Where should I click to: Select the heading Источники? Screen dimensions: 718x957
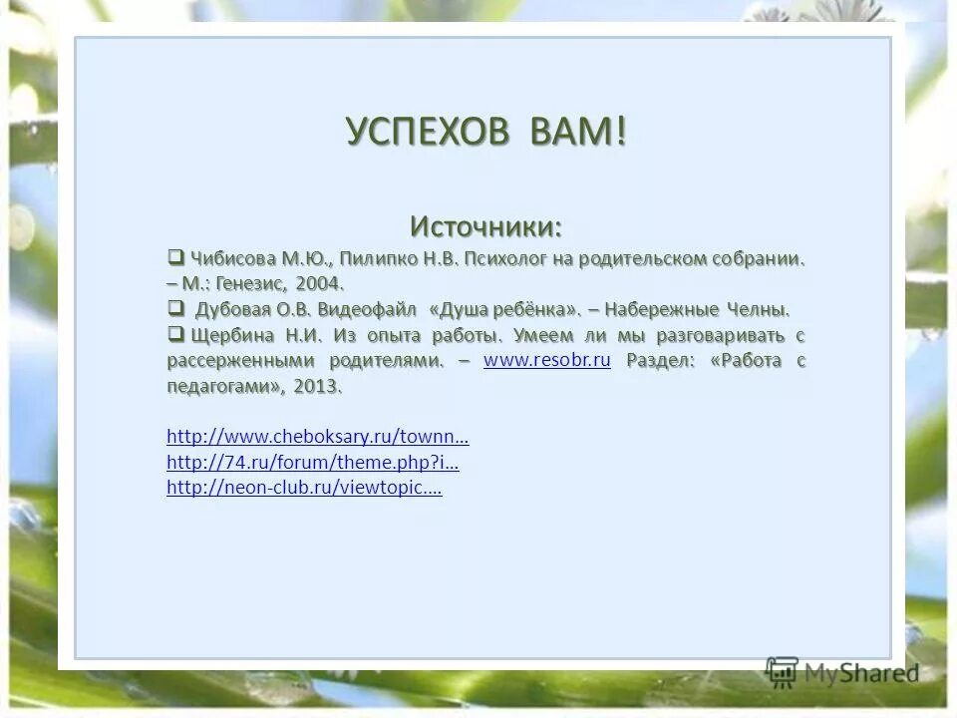click(x=486, y=226)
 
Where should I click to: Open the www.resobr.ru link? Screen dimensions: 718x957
click(x=546, y=361)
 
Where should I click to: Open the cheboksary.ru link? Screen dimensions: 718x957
click(x=318, y=437)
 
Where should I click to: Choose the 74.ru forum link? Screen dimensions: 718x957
click(x=312, y=463)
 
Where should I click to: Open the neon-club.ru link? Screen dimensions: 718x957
click(x=304, y=489)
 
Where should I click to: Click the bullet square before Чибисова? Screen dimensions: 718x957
click(x=175, y=257)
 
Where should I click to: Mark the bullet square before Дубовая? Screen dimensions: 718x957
click(x=175, y=306)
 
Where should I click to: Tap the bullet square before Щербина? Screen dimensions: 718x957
click(x=175, y=333)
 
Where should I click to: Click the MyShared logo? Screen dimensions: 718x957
click(x=842, y=671)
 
